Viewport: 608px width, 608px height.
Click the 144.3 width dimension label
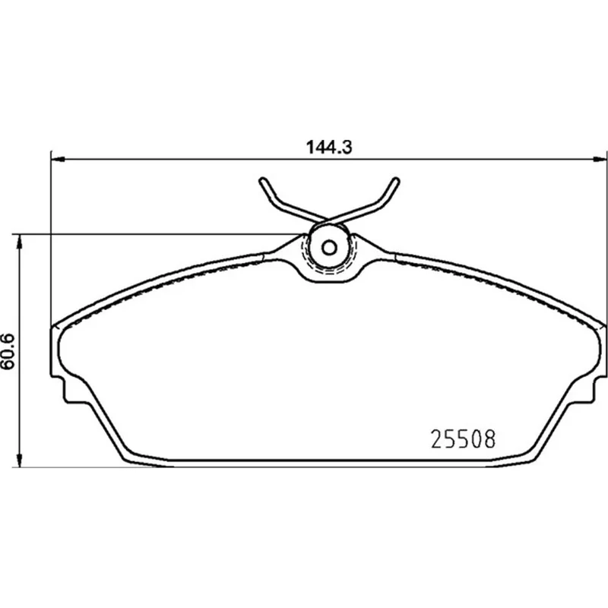click(x=329, y=147)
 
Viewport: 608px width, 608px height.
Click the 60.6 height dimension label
click(x=8, y=351)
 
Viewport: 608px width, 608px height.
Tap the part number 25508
click(x=464, y=439)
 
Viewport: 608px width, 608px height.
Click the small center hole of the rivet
click(x=330, y=248)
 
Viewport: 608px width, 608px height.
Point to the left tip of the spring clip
click(x=263, y=180)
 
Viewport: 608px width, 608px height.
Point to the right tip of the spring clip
click(x=396, y=180)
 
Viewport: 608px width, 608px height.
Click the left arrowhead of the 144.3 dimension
click(x=58, y=159)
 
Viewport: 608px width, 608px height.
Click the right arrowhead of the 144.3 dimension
click(x=600, y=159)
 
